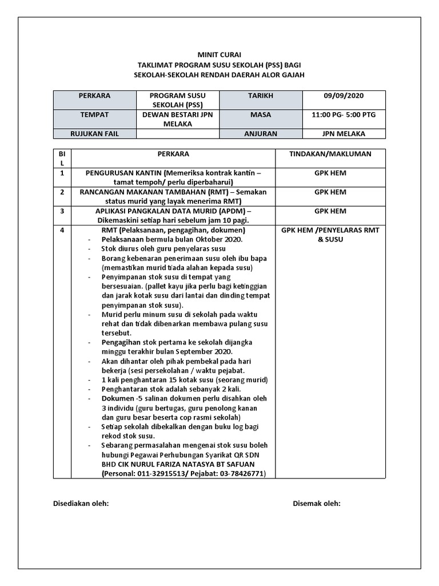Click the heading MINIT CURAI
coord(219,54)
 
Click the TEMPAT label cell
coord(94,115)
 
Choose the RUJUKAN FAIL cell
coord(94,134)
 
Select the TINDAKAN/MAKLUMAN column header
coord(330,154)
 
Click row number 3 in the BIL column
coord(62,211)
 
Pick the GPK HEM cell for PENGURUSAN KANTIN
coord(330,173)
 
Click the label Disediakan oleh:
coord(81,504)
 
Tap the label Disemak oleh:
coord(317,504)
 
